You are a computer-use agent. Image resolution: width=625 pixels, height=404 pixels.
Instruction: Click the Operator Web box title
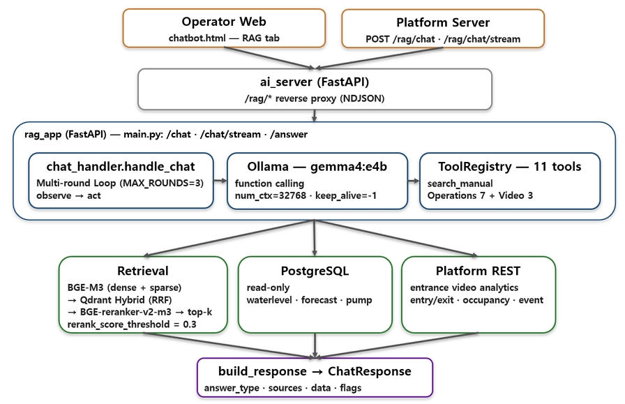point(224,22)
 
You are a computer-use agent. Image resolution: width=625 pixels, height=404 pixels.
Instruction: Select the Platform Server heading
point(443,22)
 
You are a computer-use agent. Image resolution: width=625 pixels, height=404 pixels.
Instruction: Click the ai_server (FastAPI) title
point(315,82)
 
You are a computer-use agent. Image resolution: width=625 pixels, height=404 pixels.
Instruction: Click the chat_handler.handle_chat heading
point(121,166)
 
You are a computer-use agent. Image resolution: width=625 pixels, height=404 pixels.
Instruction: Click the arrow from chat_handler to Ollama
point(220,181)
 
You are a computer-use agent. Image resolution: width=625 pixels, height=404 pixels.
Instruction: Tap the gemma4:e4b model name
point(349,166)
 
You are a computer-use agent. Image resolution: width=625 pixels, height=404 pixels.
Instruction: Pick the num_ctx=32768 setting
point(270,195)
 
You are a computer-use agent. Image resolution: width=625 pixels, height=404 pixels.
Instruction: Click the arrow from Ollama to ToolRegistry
point(414,181)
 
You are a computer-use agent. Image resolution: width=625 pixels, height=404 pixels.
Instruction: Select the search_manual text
point(460,184)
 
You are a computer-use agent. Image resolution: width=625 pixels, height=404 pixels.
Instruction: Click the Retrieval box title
point(143,271)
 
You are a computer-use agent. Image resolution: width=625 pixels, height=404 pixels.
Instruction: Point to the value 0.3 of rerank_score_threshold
point(190,324)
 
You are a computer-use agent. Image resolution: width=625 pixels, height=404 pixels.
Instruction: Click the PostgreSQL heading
point(315,271)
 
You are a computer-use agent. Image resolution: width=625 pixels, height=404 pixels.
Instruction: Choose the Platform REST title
point(478,271)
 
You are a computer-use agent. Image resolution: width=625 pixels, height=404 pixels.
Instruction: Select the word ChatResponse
point(370,371)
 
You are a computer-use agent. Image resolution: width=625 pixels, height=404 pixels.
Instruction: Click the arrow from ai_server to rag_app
point(315,116)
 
